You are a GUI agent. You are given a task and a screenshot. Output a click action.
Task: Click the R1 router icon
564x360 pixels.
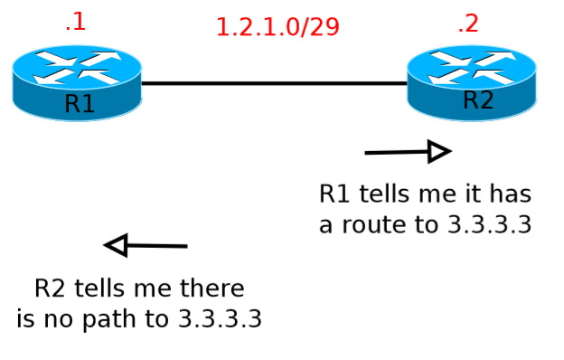(x=77, y=82)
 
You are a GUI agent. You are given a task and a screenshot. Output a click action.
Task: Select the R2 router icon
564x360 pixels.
(x=471, y=82)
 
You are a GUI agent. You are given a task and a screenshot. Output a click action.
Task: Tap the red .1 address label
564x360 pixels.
(x=75, y=22)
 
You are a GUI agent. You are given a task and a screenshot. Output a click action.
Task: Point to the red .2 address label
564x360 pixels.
(x=467, y=24)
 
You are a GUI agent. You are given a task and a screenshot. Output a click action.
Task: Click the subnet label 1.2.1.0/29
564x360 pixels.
(x=277, y=27)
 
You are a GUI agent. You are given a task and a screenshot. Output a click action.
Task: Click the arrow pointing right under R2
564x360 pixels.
(x=407, y=152)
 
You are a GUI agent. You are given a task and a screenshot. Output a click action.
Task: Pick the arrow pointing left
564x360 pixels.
(x=146, y=245)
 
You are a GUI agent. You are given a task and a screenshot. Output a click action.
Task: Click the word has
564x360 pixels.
(x=511, y=194)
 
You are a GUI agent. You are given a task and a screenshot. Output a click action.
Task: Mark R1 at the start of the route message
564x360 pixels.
(x=334, y=194)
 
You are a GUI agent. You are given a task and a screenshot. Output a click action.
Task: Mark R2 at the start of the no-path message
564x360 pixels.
(x=51, y=289)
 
